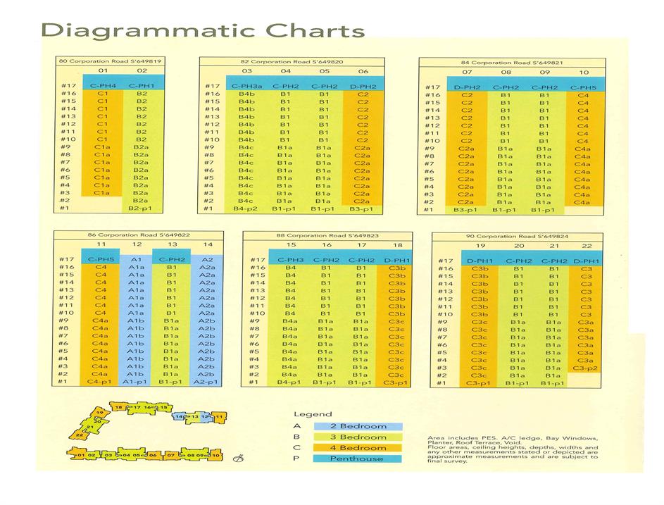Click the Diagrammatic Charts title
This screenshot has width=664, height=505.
click(203, 30)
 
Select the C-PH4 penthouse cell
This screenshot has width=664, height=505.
click(103, 85)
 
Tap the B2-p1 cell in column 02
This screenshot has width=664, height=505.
click(142, 208)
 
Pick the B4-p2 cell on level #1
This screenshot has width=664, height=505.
click(246, 208)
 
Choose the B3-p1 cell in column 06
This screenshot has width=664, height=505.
click(363, 208)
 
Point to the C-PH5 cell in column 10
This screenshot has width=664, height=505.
click(583, 87)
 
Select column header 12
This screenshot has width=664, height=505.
click(138, 244)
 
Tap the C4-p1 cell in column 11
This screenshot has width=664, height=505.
click(100, 382)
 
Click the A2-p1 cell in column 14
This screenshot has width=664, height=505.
click(207, 382)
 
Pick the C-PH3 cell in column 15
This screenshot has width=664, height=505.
click(290, 260)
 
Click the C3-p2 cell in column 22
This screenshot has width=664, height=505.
click(585, 368)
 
